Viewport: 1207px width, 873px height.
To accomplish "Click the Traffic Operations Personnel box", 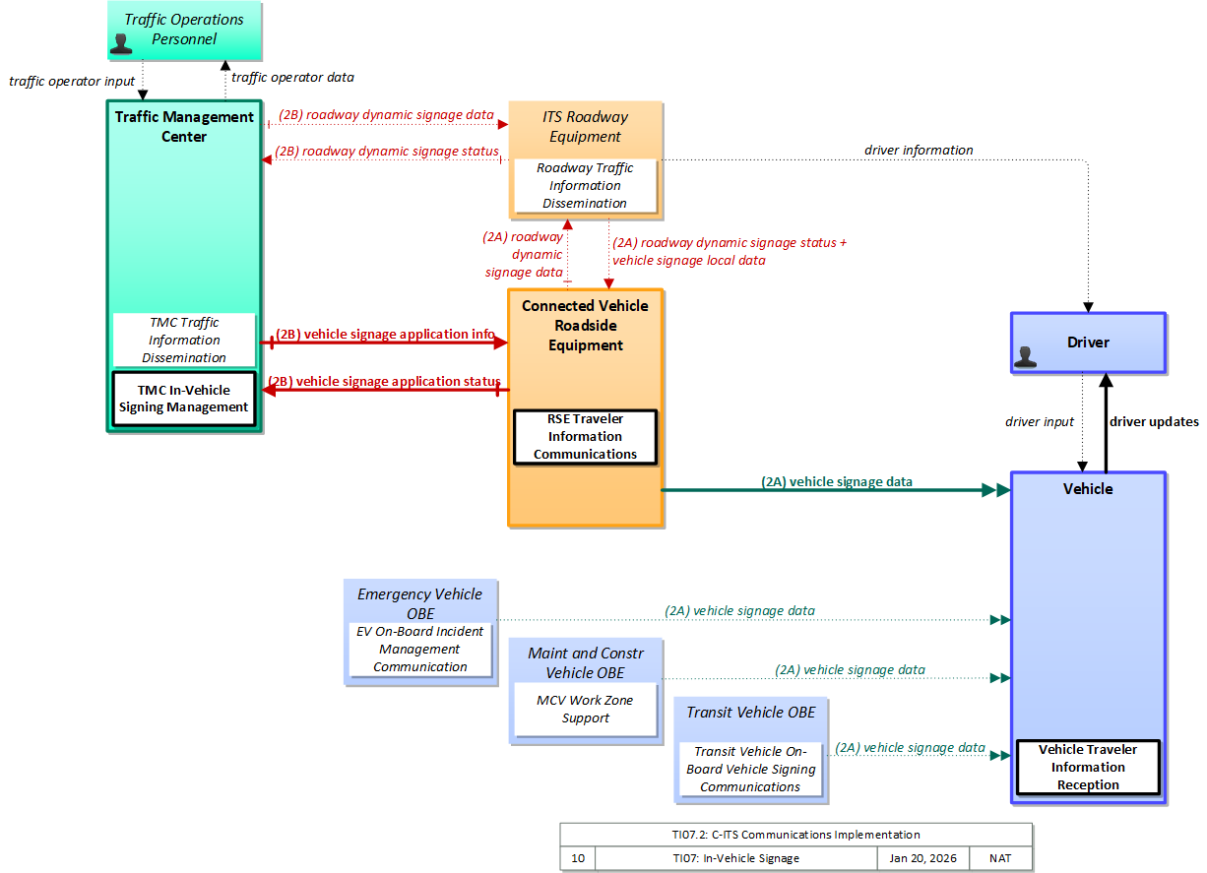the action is [x=184, y=31].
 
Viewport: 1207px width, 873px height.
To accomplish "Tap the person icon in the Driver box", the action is [x=1025, y=356].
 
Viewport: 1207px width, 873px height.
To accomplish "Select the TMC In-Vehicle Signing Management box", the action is [x=184, y=399].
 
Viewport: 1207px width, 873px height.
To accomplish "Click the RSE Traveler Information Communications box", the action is [x=585, y=437].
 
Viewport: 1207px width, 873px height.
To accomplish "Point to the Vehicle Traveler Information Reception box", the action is [x=1088, y=767].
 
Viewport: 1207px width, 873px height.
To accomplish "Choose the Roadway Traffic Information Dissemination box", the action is [x=585, y=185].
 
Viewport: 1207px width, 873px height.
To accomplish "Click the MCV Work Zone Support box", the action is [x=585, y=710].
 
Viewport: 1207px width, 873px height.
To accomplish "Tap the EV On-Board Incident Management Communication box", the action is [x=420, y=649].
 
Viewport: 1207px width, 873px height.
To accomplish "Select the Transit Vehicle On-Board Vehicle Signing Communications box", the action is [x=750, y=769].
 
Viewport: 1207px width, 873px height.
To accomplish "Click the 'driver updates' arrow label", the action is [x=1154, y=421].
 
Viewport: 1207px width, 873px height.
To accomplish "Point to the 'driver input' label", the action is [x=1040, y=421].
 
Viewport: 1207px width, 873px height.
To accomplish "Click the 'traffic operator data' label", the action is [x=292, y=78].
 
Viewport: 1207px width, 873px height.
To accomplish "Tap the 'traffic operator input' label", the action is [x=72, y=82].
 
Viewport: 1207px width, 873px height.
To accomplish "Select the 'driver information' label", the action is [x=919, y=151].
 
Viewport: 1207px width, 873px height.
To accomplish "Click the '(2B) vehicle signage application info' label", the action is [x=385, y=334].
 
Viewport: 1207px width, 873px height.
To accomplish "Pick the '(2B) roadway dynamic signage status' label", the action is [x=387, y=152].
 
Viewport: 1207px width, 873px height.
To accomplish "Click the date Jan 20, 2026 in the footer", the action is [x=922, y=858].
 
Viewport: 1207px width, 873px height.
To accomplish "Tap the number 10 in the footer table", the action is [x=578, y=858].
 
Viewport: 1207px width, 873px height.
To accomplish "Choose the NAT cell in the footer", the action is [x=1000, y=858].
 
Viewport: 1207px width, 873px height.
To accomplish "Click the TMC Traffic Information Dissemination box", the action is [x=184, y=340].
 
